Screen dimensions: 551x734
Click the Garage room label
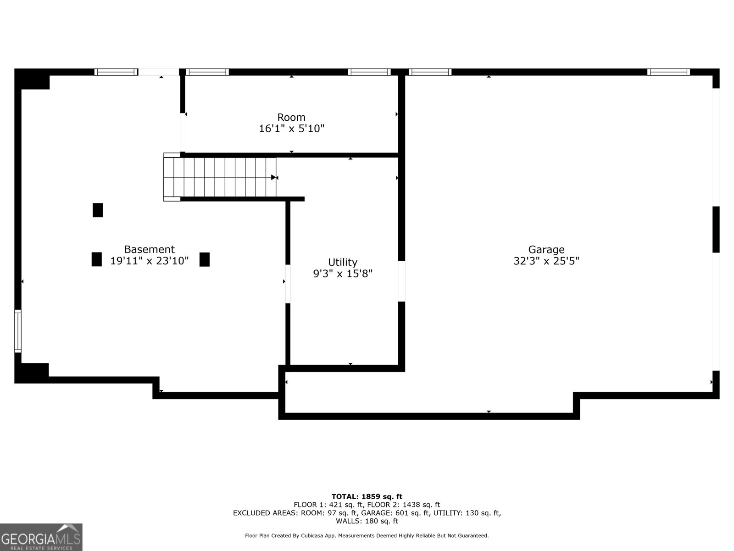[546, 249]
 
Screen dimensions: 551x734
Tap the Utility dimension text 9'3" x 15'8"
[343, 274]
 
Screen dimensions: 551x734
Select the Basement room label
[149, 249]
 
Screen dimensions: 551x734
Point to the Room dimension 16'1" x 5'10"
[291, 129]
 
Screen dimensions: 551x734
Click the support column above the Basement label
[98, 210]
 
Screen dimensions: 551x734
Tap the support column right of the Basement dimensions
[205, 259]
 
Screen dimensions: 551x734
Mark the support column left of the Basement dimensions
[96, 259]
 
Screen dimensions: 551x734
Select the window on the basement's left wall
[18, 331]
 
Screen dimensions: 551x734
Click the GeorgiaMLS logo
[41, 537]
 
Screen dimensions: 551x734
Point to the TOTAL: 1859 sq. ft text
[367, 496]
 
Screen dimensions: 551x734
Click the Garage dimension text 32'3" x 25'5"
[546, 261]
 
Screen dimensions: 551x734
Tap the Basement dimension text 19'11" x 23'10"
[149, 261]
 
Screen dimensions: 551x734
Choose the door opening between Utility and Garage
[401, 281]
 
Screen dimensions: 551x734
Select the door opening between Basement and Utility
[288, 283]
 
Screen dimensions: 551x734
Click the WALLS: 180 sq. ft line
[367, 521]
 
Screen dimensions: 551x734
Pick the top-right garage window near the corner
[668, 72]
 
